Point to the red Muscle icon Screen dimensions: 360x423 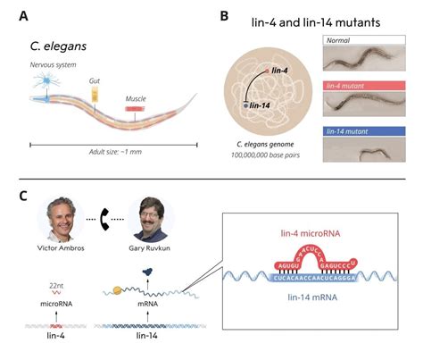[134, 109]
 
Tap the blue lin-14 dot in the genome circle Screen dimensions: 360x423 [246, 106]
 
